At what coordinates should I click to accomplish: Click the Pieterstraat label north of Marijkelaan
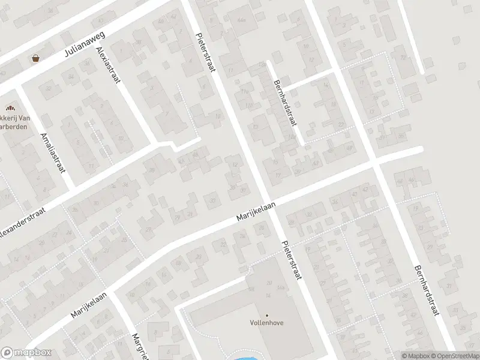click(x=206, y=52)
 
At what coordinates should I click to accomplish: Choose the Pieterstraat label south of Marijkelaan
click(x=291, y=261)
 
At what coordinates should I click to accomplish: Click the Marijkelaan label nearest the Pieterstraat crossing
click(x=256, y=215)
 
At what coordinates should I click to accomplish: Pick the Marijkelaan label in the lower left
click(x=89, y=305)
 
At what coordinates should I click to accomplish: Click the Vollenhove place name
click(x=267, y=323)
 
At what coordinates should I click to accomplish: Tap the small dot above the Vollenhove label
click(x=267, y=315)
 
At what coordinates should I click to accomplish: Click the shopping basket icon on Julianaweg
click(x=35, y=58)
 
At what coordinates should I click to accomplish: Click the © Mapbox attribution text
click(x=416, y=356)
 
